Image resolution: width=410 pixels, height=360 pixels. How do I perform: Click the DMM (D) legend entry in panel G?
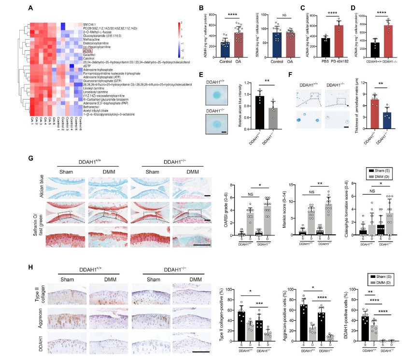384,177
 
